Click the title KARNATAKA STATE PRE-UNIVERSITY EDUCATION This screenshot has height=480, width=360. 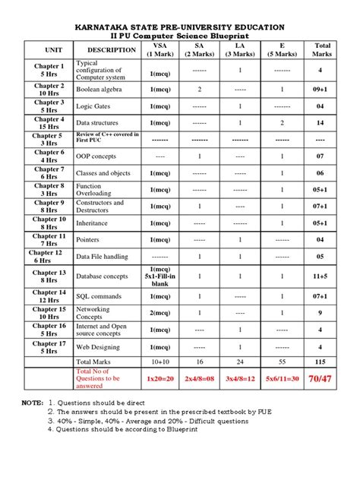180,27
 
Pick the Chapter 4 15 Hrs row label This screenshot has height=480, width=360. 48,123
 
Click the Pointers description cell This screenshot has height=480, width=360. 89,239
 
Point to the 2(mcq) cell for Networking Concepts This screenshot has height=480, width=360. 160,313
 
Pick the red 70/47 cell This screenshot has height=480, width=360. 322,377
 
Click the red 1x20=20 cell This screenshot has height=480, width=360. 160,377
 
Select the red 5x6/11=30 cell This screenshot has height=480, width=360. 282,377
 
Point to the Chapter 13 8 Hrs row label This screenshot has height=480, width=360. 48,276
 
